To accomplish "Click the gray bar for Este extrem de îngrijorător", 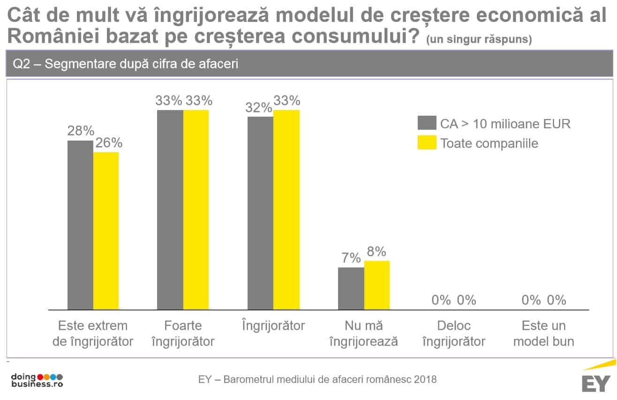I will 80,225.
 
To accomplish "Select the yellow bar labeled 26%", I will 106,230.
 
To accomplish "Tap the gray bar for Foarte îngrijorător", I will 170,210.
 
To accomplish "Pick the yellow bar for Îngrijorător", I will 286,210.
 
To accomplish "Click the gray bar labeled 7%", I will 351,289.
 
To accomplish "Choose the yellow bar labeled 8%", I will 377,285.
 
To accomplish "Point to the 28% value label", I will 81,131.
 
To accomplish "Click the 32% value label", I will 259,108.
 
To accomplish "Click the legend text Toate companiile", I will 489,143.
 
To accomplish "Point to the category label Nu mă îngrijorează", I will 364,333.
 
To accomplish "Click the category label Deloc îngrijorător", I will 454,333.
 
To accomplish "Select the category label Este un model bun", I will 544,333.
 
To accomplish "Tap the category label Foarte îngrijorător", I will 183,333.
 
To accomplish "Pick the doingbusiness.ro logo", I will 37,380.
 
